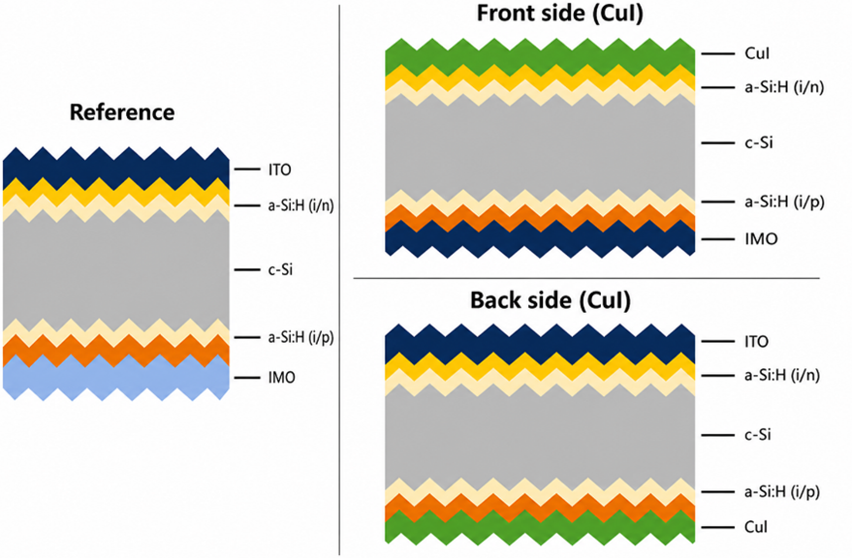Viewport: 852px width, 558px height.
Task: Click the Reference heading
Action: tap(122, 112)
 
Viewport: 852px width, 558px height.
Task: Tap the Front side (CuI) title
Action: tap(559, 14)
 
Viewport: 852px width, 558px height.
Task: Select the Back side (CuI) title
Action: tap(551, 300)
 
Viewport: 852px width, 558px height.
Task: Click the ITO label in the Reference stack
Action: tap(280, 170)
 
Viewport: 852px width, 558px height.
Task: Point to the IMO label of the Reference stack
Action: tap(281, 378)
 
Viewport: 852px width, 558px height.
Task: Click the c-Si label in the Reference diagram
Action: tap(280, 269)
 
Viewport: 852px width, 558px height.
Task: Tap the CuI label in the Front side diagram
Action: tap(757, 53)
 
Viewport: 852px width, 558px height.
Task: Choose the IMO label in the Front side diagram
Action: tap(761, 239)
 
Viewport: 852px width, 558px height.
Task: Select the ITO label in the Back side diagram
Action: tap(756, 342)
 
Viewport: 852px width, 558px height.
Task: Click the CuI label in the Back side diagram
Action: tap(756, 527)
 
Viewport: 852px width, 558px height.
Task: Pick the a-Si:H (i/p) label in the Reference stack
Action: tap(301, 338)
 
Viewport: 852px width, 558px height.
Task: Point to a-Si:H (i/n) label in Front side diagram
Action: tap(784, 87)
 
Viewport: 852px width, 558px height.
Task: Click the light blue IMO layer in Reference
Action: tap(115, 378)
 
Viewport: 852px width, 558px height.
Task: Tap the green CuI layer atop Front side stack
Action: tap(540, 57)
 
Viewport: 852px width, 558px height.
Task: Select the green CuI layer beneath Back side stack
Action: tap(540, 527)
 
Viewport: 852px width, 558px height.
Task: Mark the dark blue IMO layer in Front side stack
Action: tap(540, 239)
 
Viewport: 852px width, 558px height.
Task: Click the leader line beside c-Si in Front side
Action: tap(718, 143)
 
